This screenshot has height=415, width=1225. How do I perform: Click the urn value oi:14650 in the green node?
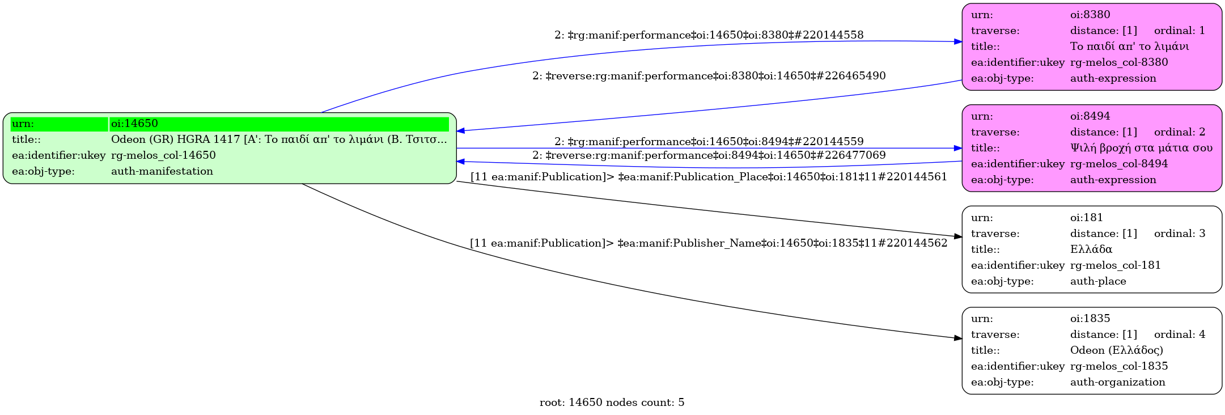pos(134,124)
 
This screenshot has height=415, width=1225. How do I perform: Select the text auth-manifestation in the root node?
pos(162,171)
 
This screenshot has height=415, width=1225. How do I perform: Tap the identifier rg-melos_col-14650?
pos(163,155)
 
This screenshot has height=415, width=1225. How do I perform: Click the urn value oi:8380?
pos(1090,15)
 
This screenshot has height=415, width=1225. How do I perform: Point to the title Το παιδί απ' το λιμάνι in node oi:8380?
pos(1129,46)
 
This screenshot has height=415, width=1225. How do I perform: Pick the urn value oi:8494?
pos(1090,116)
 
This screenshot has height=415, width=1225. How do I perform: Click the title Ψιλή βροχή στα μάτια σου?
pos(1141,148)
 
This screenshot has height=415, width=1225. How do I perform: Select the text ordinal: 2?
pos(1179,132)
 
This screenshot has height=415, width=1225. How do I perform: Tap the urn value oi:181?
pos(1086,218)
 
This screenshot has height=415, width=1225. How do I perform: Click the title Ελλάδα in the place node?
pos(1091,249)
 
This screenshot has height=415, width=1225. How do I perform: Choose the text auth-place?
pos(1097,281)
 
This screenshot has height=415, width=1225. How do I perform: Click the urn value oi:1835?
pos(1090,319)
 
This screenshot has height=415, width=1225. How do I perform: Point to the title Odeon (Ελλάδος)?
pos(1116,350)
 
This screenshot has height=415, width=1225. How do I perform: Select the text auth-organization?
pos(1117,382)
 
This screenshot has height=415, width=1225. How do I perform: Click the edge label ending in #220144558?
pos(709,35)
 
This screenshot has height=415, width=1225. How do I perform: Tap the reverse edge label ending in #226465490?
pos(709,76)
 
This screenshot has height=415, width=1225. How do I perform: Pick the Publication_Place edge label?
pos(709,177)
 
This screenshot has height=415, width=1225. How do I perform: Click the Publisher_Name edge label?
pos(709,243)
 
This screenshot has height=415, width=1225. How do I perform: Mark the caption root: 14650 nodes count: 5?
pos(612,403)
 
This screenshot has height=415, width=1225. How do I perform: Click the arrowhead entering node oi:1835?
pos(958,338)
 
